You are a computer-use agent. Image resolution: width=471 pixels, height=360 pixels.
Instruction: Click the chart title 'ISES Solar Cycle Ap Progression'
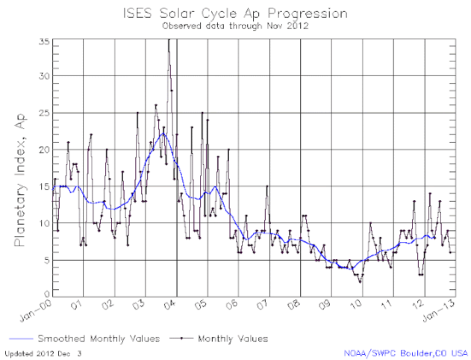235,14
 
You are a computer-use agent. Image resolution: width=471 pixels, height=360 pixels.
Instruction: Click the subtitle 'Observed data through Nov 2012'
235,26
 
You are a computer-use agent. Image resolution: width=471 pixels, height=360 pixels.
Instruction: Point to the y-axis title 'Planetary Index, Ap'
21,180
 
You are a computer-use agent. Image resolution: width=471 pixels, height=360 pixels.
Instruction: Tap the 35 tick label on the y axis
44,42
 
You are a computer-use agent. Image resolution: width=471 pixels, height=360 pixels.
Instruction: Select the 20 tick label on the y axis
44,149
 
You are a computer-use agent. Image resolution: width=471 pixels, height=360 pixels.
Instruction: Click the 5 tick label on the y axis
46,260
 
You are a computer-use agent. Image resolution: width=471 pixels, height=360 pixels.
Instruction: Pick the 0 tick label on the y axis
47,294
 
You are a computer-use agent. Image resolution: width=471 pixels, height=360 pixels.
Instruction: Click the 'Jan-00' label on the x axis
36,311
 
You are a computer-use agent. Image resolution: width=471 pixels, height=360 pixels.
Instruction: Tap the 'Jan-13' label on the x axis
439,311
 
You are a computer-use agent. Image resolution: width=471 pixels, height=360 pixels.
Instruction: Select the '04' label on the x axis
170,306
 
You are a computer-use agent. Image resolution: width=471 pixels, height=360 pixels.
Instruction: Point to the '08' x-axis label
294,306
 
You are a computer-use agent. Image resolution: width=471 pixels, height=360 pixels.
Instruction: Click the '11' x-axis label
387,306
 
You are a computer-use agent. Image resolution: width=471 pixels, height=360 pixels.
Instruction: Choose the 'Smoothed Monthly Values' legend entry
85,339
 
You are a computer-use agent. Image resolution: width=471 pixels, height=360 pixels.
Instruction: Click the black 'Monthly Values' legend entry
219,339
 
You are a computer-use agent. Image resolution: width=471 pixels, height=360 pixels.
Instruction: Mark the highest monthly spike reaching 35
169,39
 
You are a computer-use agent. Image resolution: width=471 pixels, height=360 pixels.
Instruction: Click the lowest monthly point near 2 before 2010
360,282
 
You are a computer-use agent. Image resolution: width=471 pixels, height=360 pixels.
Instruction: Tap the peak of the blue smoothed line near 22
163,133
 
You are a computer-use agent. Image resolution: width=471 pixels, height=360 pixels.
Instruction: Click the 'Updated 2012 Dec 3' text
43,353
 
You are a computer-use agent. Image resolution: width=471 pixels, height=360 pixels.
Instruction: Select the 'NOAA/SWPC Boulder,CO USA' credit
406,353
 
